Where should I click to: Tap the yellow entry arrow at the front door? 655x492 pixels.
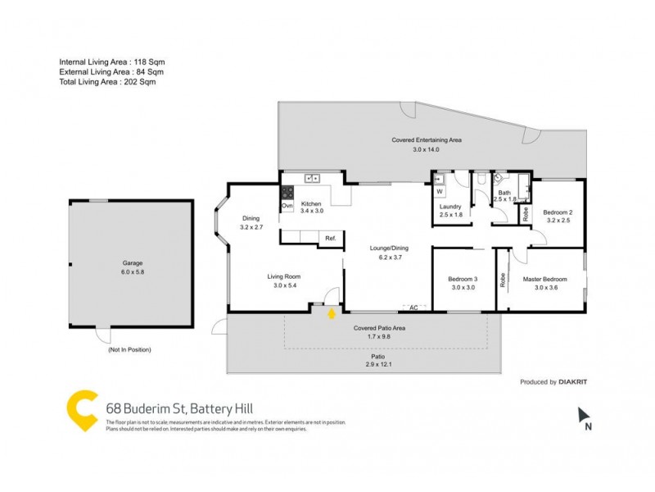[332, 313]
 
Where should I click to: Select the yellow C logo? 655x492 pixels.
[83, 409]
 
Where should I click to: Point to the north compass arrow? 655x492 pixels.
[584, 415]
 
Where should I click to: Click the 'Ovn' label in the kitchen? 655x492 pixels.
[287, 205]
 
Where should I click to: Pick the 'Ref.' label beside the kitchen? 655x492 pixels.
[331, 238]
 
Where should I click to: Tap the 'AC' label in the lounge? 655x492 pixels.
[413, 307]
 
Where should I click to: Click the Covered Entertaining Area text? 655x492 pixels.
[427, 140]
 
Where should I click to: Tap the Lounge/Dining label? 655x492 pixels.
[389, 248]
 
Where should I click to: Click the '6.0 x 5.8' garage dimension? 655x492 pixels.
[131, 272]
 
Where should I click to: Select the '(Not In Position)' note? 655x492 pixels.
[129, 349]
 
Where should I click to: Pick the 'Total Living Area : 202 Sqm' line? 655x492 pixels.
[107, 82]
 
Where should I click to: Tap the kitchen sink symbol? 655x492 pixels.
[312, 178]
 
